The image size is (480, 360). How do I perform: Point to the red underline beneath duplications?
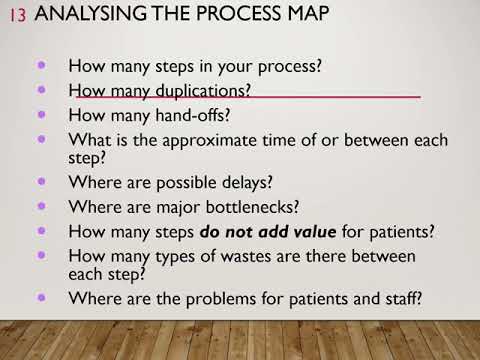click(x=300, y=98)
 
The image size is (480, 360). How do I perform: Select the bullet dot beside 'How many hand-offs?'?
click(x=41, y=113)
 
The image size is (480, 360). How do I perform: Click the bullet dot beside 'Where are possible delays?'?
click(x=41, y=182)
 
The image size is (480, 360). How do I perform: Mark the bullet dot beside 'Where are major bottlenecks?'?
click(x=41, y=206)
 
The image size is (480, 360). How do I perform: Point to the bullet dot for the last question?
click(x=41, y=297)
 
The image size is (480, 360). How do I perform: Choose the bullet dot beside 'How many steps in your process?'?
click(x=41, y=65)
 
